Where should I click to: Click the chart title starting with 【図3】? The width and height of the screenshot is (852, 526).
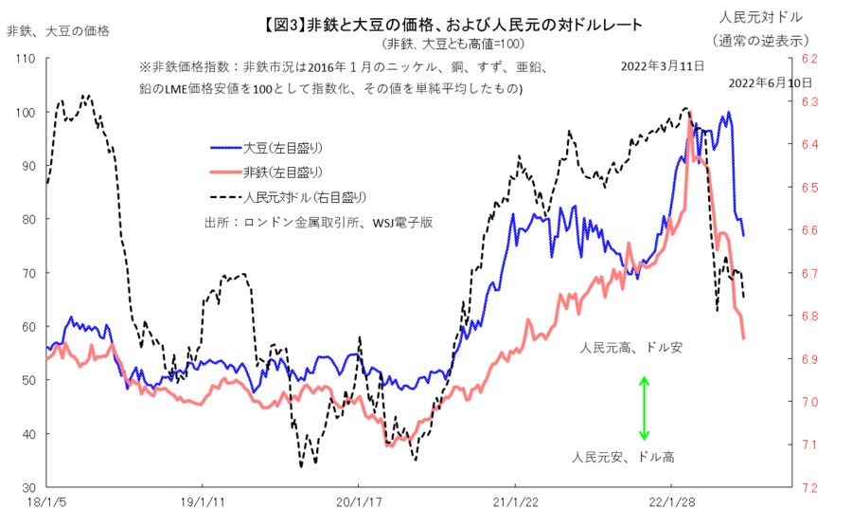click(x=453, y=26)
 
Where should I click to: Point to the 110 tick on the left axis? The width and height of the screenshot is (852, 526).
click(x=25, y=59)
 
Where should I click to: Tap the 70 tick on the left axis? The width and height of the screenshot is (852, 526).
click(x=27, y=273)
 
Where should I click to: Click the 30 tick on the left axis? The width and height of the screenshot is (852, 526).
click(x=27, y=487)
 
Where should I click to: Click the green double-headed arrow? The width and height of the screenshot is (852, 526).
click(x=645, y=408)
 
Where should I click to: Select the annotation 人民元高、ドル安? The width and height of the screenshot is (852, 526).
click(x=631, y=349)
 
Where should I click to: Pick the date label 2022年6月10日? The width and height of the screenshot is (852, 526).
click(x=770, y=83)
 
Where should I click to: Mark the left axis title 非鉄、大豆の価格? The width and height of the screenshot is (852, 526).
click(x=58, y=30)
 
